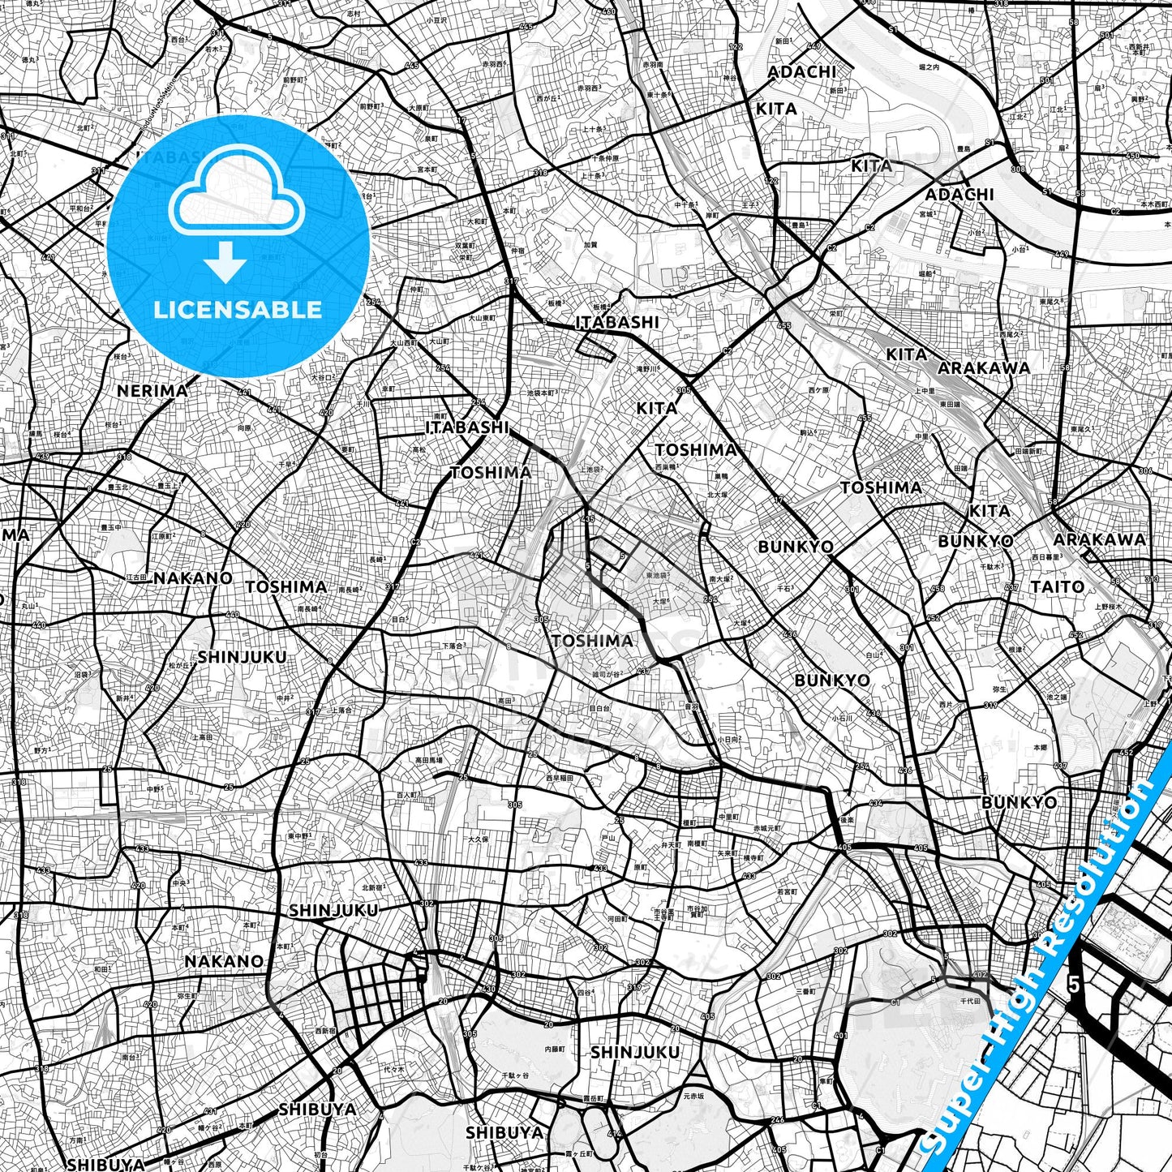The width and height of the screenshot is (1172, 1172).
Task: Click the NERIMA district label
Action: [x=152, y=391]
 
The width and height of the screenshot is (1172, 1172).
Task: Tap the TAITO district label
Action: [x=1057, y=586]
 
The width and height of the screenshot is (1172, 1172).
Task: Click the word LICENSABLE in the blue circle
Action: [x=238, y=310]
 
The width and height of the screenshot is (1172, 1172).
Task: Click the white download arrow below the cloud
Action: [x=225, y=262]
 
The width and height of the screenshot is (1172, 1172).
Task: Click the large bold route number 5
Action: [x=1074, y=985]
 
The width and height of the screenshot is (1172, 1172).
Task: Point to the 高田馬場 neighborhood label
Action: [x=429, y=760]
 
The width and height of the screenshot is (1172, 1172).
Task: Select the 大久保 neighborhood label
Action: [x=476, y=839]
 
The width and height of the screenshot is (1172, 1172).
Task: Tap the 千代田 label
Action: [x=971, y=1001]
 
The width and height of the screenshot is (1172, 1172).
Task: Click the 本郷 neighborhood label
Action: [x=1039, y=747]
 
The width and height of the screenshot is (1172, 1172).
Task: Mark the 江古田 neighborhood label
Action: [x=136, y=577]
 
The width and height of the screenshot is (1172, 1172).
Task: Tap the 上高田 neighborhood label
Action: [x=202, y=736]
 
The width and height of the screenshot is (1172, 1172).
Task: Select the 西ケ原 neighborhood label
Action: [x=818, y=389]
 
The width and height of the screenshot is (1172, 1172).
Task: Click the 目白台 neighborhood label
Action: [x=599, y=707]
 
